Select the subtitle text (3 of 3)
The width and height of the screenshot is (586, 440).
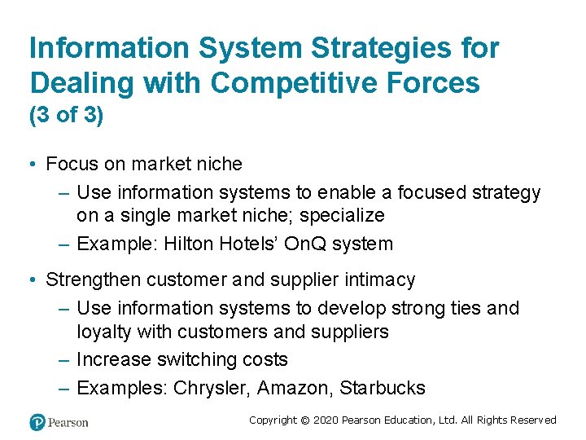pyautogui.click(x=66, y=116)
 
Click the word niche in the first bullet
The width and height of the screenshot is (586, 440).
pyautogui.click(x=220, y=164)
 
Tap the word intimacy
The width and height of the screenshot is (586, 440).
pyautogui.click(x=378, y=279)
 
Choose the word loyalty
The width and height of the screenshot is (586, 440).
pyautogui.click(x=104, y=332)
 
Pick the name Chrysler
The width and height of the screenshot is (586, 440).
pyautogui.click(x=209, y=389)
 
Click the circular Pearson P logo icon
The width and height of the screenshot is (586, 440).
pyautogui.click(x=37, y=422)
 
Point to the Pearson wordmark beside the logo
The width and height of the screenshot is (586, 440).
pyautogui.click(x=68, y=422)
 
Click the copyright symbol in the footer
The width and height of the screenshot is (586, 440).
pyautogui.click(x=306, y=420)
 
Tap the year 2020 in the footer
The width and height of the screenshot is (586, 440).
pyautogui.click(x=326, y=420)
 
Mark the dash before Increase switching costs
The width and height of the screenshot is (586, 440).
pyautogui.click(x=64, y=360)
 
